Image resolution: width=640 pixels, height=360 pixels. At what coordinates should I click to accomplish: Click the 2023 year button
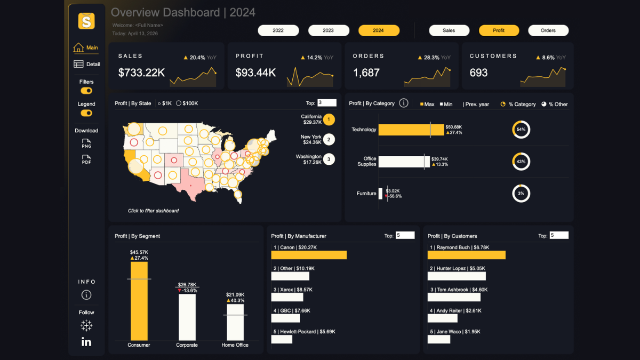[329, 30]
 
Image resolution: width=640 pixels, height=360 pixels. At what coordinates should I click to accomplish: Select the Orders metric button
[548, 30]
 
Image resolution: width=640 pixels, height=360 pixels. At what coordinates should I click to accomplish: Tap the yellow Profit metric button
[499, 30]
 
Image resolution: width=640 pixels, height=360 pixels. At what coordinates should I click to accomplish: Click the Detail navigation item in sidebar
[86, 64]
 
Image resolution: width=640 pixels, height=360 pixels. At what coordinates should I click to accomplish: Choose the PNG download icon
[86, 143]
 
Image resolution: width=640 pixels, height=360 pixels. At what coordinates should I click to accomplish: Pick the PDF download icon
[86, 159]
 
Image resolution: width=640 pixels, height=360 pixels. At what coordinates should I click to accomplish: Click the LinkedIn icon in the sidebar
[86, 342]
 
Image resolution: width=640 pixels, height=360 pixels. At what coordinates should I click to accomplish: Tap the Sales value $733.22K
[141, 73]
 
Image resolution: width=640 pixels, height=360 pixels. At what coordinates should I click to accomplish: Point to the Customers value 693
[478, 73]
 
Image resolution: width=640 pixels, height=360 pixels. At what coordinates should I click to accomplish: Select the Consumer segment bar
[139, 301]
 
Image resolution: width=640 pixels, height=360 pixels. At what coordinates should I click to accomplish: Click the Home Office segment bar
[235, 323]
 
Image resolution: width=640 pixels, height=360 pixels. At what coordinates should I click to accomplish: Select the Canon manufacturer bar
[309, 255]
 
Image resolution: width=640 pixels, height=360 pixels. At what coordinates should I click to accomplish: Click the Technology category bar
[411, 130]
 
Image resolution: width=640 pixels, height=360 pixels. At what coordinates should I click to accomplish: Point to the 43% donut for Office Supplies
[521, 162]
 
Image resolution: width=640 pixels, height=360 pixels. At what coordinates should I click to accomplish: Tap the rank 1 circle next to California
[329, 119]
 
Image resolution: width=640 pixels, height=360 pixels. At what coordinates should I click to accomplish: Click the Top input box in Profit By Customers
[559, 235]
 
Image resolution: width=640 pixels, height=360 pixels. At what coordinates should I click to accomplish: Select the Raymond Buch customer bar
[466, 255]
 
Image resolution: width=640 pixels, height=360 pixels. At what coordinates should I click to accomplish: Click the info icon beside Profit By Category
[404, 103]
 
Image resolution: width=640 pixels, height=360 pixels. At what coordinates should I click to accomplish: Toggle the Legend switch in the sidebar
[86, 113]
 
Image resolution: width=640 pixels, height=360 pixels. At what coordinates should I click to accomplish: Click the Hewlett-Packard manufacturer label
[303, 331]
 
